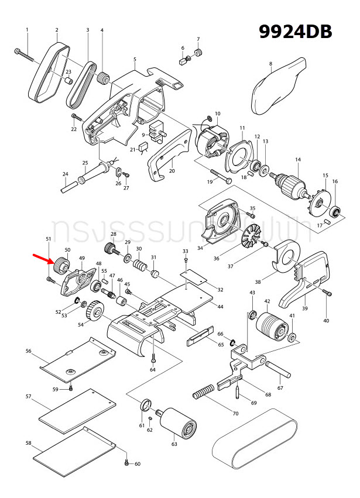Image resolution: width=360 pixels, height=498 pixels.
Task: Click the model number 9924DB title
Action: pyautogui.click(x=296, y=32)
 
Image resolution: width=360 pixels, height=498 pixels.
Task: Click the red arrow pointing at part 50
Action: pyautogui.click(x=42, y=260)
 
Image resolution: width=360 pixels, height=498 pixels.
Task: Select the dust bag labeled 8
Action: pyautogui.click(x=279, y=88)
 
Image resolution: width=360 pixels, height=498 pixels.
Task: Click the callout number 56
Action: pyautogui.click(x=28, y=351)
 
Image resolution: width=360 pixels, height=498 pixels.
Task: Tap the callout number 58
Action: pyautogui.click(x=28, y=443)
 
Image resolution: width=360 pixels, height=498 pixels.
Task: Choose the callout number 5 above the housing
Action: pyautogui.click(x=135, y=59)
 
